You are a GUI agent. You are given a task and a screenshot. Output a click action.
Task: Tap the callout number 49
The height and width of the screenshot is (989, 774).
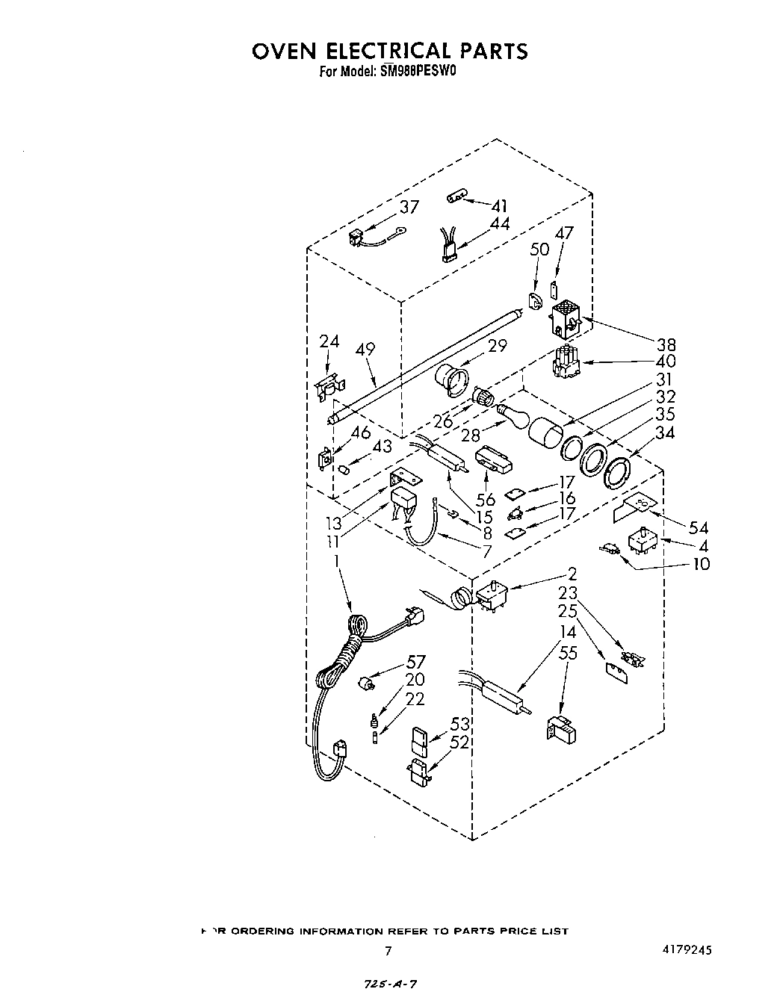tap(365, 350)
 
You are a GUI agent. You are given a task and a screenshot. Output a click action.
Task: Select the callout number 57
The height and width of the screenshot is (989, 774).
tap(415, 662)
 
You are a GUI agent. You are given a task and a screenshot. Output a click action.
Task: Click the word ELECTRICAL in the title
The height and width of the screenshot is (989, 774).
tap(388, 51)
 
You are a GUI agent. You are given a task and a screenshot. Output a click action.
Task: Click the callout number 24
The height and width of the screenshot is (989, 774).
tap(329, 341)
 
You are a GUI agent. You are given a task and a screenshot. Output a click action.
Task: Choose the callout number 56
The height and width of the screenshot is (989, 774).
tap(486, 500)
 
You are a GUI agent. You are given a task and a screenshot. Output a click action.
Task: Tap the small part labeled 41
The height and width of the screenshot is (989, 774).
tap(456, 197)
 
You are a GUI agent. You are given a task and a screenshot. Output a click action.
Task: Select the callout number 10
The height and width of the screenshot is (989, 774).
tap(701, 563)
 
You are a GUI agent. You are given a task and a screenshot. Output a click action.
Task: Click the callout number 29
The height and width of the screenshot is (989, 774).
tap(498, 345)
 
